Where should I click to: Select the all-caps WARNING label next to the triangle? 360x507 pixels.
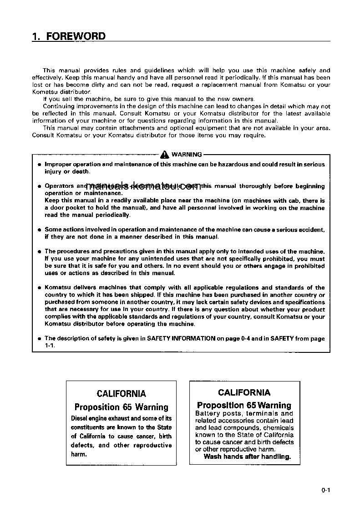tap(187, 155)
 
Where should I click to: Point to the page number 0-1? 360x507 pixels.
tap(325, 490)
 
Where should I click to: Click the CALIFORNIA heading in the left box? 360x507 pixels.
tap(121, 394)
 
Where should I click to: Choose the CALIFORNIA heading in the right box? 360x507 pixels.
tap(244, 392)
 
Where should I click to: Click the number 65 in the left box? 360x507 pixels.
tap(128, 407)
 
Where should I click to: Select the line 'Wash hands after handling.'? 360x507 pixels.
tap(247, 457)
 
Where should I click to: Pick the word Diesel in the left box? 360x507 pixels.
tap(80, 418)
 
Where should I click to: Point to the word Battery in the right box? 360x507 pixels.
tap(208, 413)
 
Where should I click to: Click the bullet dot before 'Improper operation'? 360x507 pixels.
tap(40, 165)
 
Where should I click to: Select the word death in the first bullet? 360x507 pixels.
tap(81, 171)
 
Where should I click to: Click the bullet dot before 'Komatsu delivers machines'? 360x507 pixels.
tap(40, 288)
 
